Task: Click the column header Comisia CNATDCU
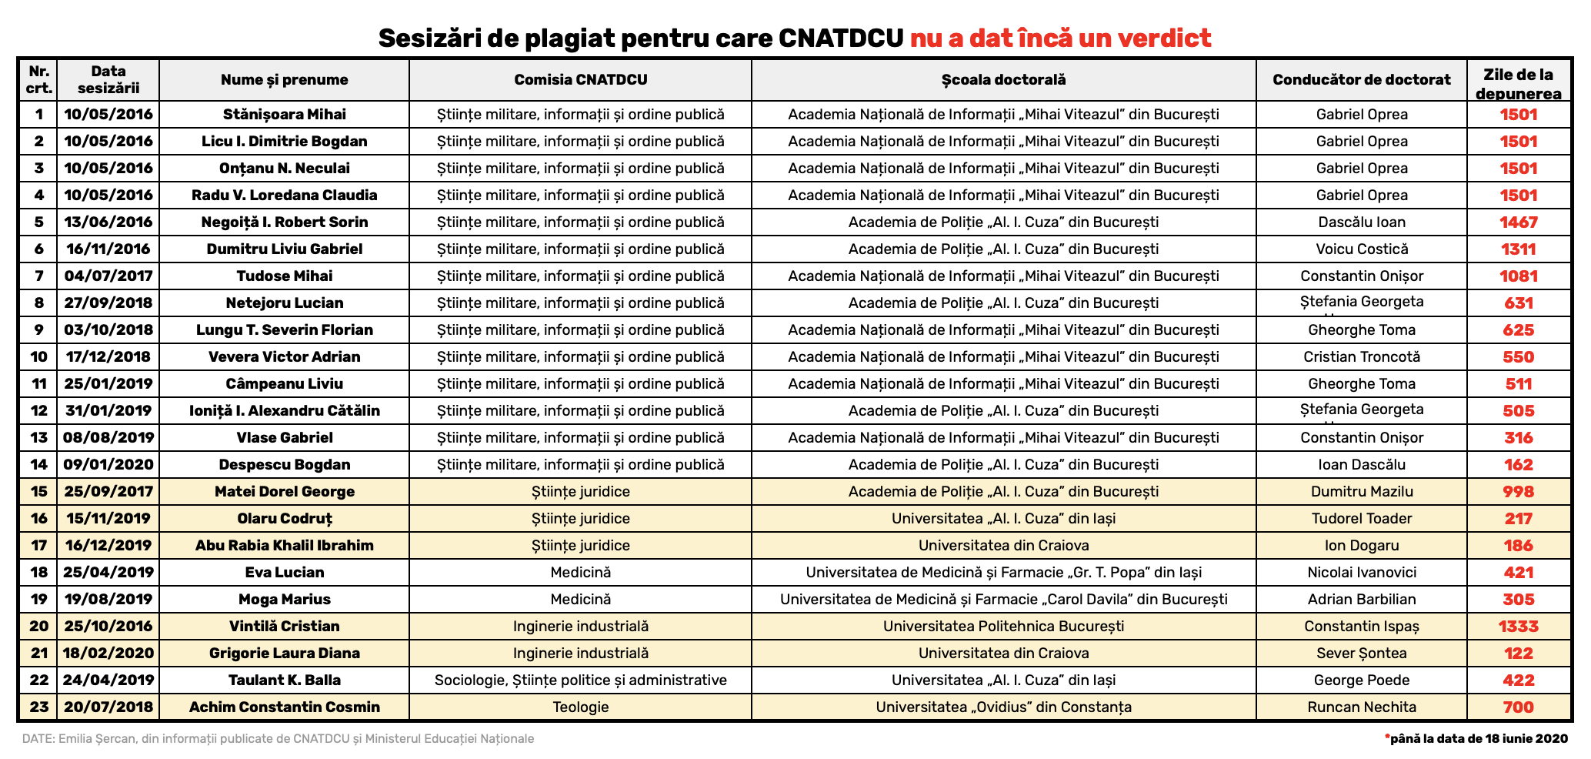[580, 80]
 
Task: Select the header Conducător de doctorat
[1361, 80]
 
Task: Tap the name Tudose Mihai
[284, 276]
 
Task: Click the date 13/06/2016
[108, 222]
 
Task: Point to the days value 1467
[1518, 222]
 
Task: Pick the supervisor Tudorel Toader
[1361, 519]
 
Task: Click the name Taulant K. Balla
[284, 680]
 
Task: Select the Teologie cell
[580, 707]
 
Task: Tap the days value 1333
[1518, 627]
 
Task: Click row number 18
[38, 573]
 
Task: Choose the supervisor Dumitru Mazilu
[1361, 492]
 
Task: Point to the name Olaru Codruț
[284, 519]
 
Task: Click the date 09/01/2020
[108, 465]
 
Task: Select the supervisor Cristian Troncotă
[1361, 357]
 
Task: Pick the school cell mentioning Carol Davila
[1003, 600]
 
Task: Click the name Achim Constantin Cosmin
[284, 707]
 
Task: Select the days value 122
[1518, 654]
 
